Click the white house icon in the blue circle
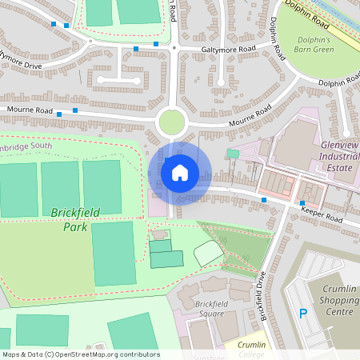tap(180, 173)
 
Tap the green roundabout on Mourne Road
tap(172, 122)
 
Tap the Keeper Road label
tap(322, 212)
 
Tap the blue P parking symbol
tap(303, 314)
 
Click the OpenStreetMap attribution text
tap(80, 354)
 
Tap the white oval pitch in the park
tap(208, 253)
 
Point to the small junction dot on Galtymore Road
tap(174, 48)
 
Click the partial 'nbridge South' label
tap(26, 146)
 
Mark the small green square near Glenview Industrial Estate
tap(233, 153)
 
